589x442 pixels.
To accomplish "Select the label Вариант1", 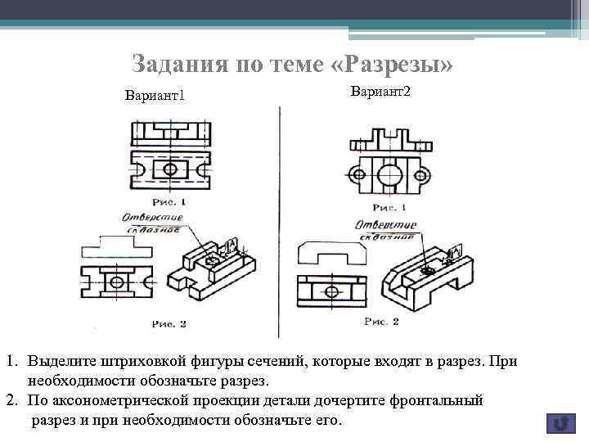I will click(155, 97).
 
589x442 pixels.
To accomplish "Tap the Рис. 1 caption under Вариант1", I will click(169, 201).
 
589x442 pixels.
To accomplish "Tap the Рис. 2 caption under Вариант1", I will click(169, 324).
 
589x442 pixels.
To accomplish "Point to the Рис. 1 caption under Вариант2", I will click(389, 207).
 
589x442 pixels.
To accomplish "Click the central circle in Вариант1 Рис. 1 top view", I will click(170, 169).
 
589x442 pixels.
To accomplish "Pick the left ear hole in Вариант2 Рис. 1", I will click(356, 174).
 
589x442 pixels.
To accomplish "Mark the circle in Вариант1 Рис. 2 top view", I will click(117, 282).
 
